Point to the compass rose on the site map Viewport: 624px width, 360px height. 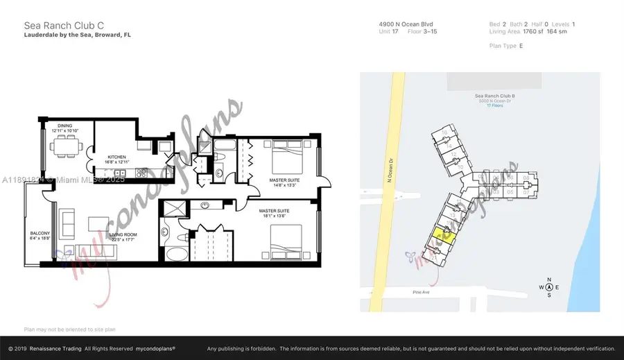click(548, 286)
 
